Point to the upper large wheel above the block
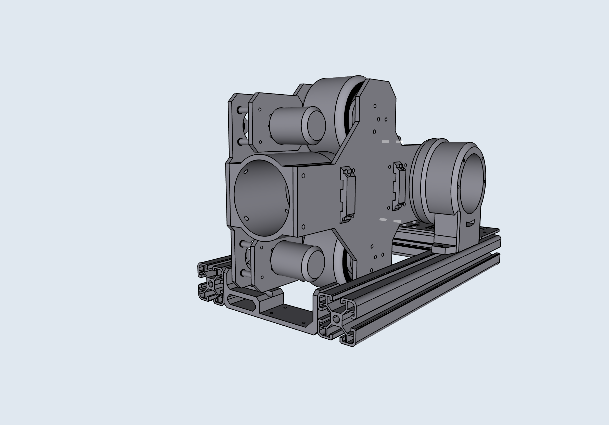point(342,106)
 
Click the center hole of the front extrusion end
point(336,319)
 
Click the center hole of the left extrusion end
point(211,284)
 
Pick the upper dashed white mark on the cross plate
point(392,142)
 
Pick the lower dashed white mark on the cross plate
point(390,220)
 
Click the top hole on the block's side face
point(303,175)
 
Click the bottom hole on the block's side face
point(303,227)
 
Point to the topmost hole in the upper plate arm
point(375,106)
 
